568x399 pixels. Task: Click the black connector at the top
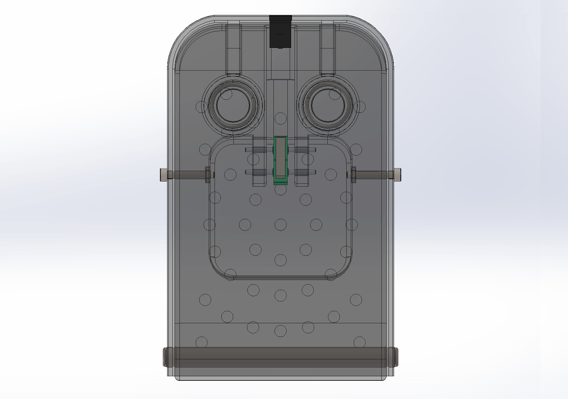[281, 32]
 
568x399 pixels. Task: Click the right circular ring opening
[328, 106]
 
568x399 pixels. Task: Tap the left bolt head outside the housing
[164, 175]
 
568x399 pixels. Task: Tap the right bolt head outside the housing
[398, 175]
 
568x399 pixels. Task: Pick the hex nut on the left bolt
[207, 175]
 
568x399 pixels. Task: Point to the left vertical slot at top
[234, 49]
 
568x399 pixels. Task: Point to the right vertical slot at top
[327, 49]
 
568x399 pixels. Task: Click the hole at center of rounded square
[281, 224]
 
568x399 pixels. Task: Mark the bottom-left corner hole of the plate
[202, 342]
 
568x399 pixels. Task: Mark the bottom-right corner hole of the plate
[359, 342]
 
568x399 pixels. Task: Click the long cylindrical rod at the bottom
[281, 357]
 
